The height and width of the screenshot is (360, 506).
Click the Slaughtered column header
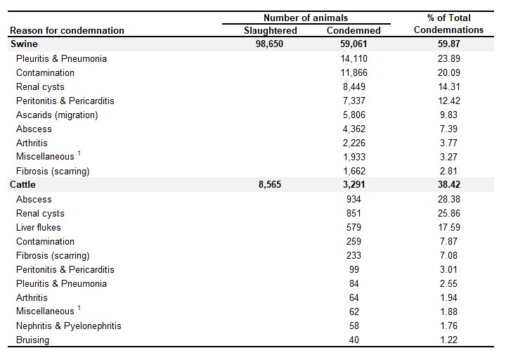click(271, 31)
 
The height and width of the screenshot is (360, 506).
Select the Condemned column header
click(353, 30)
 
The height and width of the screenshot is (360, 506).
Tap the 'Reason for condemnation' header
click(67, 30)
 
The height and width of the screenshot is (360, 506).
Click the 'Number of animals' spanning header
click(306, 18)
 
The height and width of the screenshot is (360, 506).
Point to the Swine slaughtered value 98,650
click(269, 44)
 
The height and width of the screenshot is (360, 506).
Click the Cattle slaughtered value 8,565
click(270, 185)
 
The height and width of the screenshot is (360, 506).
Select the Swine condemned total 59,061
click(353, 44)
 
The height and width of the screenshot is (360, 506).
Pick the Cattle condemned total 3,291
click(353, 185)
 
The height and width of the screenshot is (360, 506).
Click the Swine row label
click(24, 44)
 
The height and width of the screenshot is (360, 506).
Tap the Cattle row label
click(23, 185)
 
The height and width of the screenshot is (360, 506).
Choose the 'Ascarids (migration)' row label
click(57, 115)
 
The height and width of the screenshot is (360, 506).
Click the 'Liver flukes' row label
click(39, 227)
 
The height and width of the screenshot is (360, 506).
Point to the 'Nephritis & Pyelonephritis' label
click(69, 326)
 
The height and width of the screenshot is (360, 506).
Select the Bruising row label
click(32, 340)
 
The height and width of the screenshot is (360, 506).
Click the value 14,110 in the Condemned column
click(353, 59)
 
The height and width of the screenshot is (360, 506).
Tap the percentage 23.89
click(449, 59)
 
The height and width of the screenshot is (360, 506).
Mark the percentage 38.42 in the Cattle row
click(449, 185)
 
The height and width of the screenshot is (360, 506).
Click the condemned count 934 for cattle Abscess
click(353, 199)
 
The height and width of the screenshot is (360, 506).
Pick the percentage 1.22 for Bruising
click(449, 340)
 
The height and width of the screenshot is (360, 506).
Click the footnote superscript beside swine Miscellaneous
click(79, 153)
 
